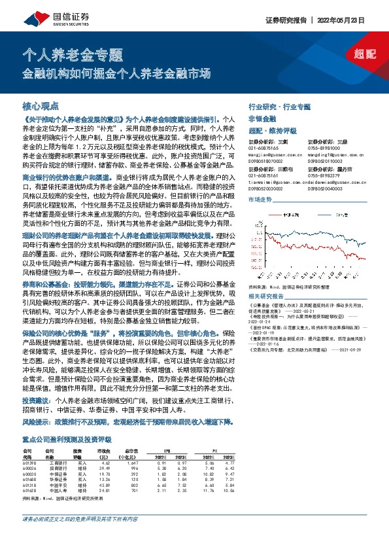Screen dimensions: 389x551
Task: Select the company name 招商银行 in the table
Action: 54,468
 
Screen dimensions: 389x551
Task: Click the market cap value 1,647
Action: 133,462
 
